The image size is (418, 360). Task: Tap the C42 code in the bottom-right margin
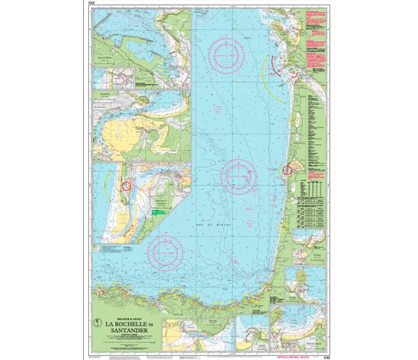pos(326,346)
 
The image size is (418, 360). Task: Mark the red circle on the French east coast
pos(287,170)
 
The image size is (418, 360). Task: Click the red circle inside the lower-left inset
pos(127,185)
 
